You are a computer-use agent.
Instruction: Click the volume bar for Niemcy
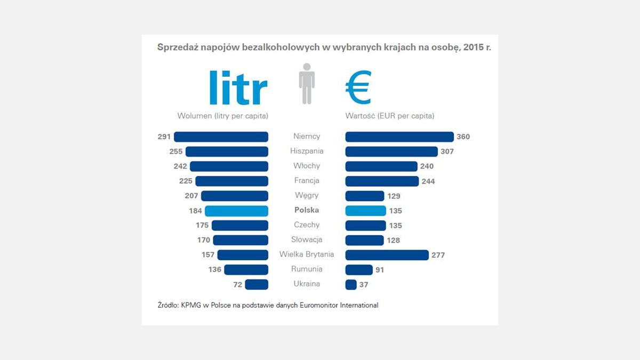tap(221, 137)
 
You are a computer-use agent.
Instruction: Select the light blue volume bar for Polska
tap(236, 211)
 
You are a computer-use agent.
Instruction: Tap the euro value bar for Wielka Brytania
tap(387, 255)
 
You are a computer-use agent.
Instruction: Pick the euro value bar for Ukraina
tap(351, 285)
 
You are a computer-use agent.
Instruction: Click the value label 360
tap(463, 137)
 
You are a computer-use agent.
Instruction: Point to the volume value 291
tap(164, 137)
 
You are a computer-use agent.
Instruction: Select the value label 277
tap(438, 255)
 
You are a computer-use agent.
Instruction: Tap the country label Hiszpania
tap(307, 151)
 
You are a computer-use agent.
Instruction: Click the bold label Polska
tap(307, 210)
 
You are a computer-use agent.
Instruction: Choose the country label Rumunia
tap(307, 269)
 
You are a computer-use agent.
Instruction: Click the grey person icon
tap(307, 84)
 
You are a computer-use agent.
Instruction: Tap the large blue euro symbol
tap(358, 87)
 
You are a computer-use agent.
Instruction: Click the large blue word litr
tap(238, 87)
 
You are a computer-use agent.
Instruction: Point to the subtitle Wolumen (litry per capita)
tap(222, 116)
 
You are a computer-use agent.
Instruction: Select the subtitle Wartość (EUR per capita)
tap(390, 116)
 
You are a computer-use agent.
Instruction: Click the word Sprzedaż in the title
tap(179, 47)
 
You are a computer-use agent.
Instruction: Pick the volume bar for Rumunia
tap(246, 270)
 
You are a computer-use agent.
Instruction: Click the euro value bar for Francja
tap(382, 181)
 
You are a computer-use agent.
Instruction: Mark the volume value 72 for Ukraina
tap(237, 285)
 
